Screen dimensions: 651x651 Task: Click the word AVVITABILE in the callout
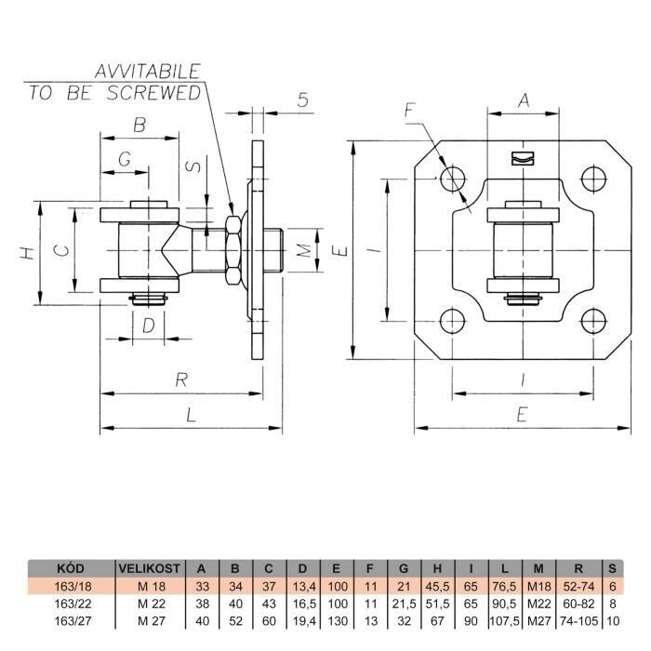[148, 72]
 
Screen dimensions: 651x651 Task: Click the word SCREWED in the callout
[154, 93]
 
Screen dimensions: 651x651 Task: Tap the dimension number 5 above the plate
[303, 100]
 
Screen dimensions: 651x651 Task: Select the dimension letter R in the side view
[181, 379]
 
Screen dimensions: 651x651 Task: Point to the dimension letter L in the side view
[191, 415]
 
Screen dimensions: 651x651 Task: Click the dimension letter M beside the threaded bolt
[305, 250]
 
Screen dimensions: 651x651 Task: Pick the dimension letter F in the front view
[410, 111]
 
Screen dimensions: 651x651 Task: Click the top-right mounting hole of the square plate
[593, 179]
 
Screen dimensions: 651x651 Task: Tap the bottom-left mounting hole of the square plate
[452, 321]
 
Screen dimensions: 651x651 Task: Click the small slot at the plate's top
[523, 158]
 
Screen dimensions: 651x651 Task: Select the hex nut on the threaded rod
[232, 250]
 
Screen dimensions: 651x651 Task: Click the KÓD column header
[71, 568]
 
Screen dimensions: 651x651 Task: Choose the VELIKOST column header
[150, 568]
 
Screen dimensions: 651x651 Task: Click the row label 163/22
[73, 604]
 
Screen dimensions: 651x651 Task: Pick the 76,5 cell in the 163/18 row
[504, 586]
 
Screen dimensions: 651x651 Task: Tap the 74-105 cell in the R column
[578, 621]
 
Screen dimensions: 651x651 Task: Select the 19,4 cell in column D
[304, 621]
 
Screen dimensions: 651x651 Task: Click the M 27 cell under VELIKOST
[152, 621]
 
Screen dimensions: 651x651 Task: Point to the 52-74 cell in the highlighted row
[578, 586]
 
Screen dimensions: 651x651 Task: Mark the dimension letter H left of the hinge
[27, 253]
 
